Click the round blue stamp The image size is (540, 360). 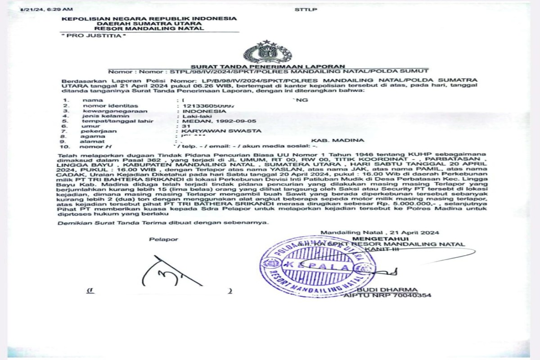pos(317,266)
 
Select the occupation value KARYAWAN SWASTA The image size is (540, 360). pos(221,131)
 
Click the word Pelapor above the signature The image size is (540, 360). pos(163,239)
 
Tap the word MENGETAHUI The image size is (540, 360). pos(381,238)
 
